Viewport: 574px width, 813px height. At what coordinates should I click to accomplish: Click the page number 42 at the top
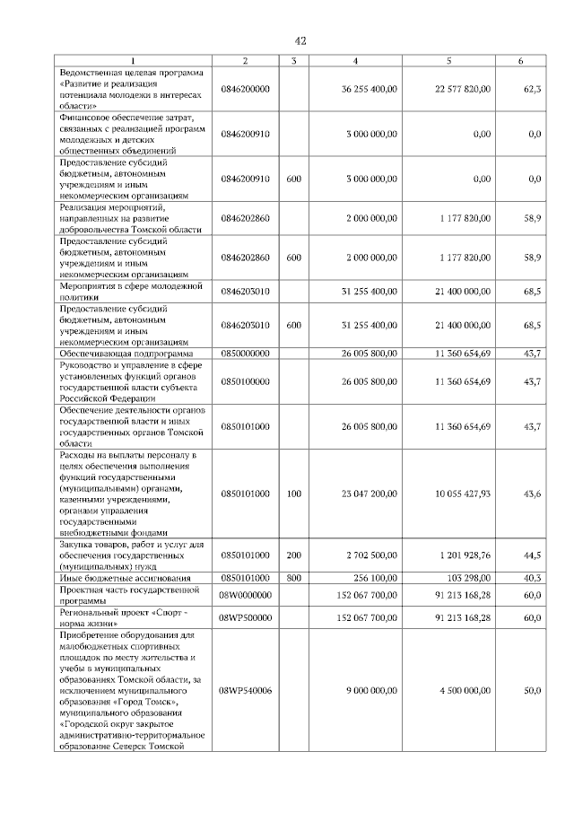coord(300,40)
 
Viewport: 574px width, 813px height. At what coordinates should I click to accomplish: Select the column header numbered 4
coord(356,60)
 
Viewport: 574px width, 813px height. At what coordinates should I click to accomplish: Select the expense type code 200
coord(293,555)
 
